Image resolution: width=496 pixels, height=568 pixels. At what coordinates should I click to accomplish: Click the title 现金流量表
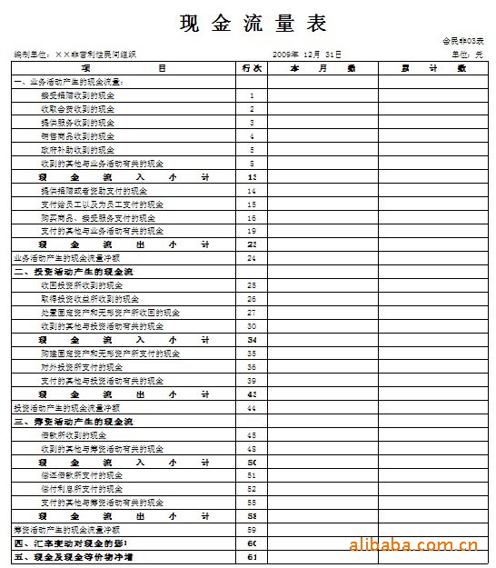tap(253, 23)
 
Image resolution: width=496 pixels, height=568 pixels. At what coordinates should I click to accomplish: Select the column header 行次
tap(252, 68)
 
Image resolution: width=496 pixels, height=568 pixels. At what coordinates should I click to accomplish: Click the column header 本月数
tap(322, 68)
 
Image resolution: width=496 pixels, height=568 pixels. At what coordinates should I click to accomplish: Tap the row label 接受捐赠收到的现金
tap(78, 95)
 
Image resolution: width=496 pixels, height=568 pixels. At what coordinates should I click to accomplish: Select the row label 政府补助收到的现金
tap(78, 149)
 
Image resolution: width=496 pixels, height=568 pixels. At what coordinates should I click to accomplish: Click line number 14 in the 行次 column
tap(252, 191)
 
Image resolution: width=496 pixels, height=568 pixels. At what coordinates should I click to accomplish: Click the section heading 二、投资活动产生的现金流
tap(73, 272)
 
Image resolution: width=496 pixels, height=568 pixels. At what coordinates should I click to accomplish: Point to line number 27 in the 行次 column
tap(252, 313)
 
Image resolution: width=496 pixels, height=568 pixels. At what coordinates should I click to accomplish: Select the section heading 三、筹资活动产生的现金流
tap(73, 422)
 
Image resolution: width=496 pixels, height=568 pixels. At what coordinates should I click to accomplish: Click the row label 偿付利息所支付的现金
tap(82, 489)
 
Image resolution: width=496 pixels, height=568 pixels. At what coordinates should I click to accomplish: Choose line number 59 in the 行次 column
tap(252, 530)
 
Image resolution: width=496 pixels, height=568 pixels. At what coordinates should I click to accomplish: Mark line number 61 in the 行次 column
tap(252, 557)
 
